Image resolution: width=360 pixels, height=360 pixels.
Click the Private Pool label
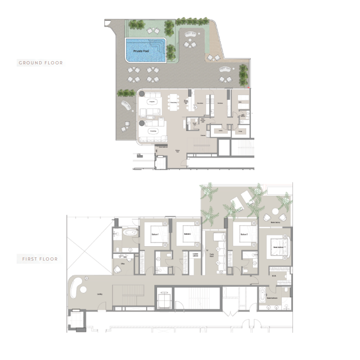[x=141, y=52]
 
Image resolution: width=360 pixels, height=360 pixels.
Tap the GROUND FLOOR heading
[x=40, y=63]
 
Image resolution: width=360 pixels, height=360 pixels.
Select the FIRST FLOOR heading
[x=40, y=259]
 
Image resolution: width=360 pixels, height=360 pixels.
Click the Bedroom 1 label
[x=155, y=234]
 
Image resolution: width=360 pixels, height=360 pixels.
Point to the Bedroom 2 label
[x=188, y=234]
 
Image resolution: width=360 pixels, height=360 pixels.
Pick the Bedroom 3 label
[x=243, y=234]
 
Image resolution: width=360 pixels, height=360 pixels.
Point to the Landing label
[x=99, y=295]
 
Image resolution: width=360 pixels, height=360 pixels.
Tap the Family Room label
[x=211, y=256]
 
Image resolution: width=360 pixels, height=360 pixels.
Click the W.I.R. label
[x=273, y=275]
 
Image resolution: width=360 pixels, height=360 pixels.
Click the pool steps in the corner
[x=158, y=46]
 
